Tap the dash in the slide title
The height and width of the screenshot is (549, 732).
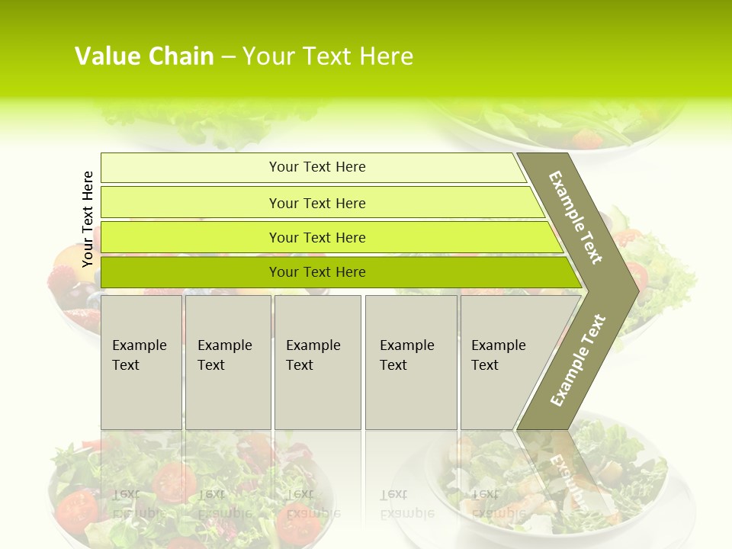click(228, 57)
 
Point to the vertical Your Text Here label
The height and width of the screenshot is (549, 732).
click(88, 219)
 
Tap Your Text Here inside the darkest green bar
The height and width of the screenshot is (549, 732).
click(317, 272)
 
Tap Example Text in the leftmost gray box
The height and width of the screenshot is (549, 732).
click(139, 355)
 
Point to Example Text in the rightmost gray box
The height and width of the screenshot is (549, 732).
click(498, 355)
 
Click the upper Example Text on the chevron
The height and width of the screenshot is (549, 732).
click(576, 217)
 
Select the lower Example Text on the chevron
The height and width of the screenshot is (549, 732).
click(578, 360)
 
